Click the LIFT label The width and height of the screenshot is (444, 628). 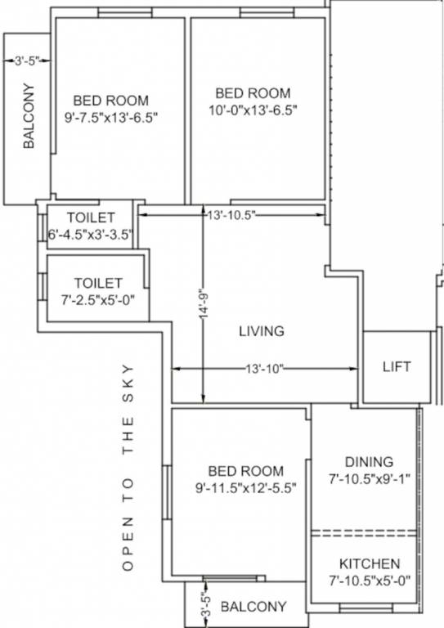(x=397, y=366)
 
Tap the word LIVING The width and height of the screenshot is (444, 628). (x=261, y=331)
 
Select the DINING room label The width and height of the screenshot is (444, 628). (x=368, y=461)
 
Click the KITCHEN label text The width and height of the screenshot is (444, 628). (x=370, y=563)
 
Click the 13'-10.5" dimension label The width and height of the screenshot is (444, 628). (x=231, y=214)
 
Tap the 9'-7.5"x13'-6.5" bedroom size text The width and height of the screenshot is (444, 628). (x=110, y=117)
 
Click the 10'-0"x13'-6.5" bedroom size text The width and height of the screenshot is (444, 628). (x=253, y=110)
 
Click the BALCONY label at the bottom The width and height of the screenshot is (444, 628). (x=253, y=607)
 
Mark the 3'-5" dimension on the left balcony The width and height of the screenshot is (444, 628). (x=27, y=60)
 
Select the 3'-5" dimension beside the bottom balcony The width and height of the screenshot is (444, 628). (x=207, y=606)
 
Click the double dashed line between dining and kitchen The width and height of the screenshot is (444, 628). (x=364, y=532)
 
